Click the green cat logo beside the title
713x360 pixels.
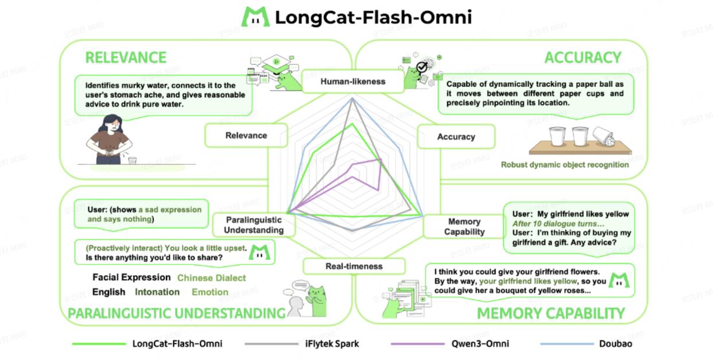pos(255,17)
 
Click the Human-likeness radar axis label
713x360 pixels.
pos(352,82)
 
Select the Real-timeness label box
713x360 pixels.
pos(354,266)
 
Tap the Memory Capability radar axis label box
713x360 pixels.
pos(464,227)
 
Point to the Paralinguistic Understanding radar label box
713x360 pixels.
pos(254,225)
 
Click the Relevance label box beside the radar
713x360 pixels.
pos(246,136)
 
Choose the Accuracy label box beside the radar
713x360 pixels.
pos(456,137)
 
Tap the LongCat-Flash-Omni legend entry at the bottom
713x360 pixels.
pos(177,344)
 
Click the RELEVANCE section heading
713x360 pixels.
pos(126,57)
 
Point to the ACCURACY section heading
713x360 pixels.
pos(583,57)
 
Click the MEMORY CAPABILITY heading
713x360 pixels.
pos(551,313)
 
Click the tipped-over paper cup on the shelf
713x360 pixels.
pos(603,138)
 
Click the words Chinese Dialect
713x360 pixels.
pos(211,278)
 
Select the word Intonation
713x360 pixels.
pos(157,292)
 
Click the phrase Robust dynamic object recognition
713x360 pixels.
pos(564,165)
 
